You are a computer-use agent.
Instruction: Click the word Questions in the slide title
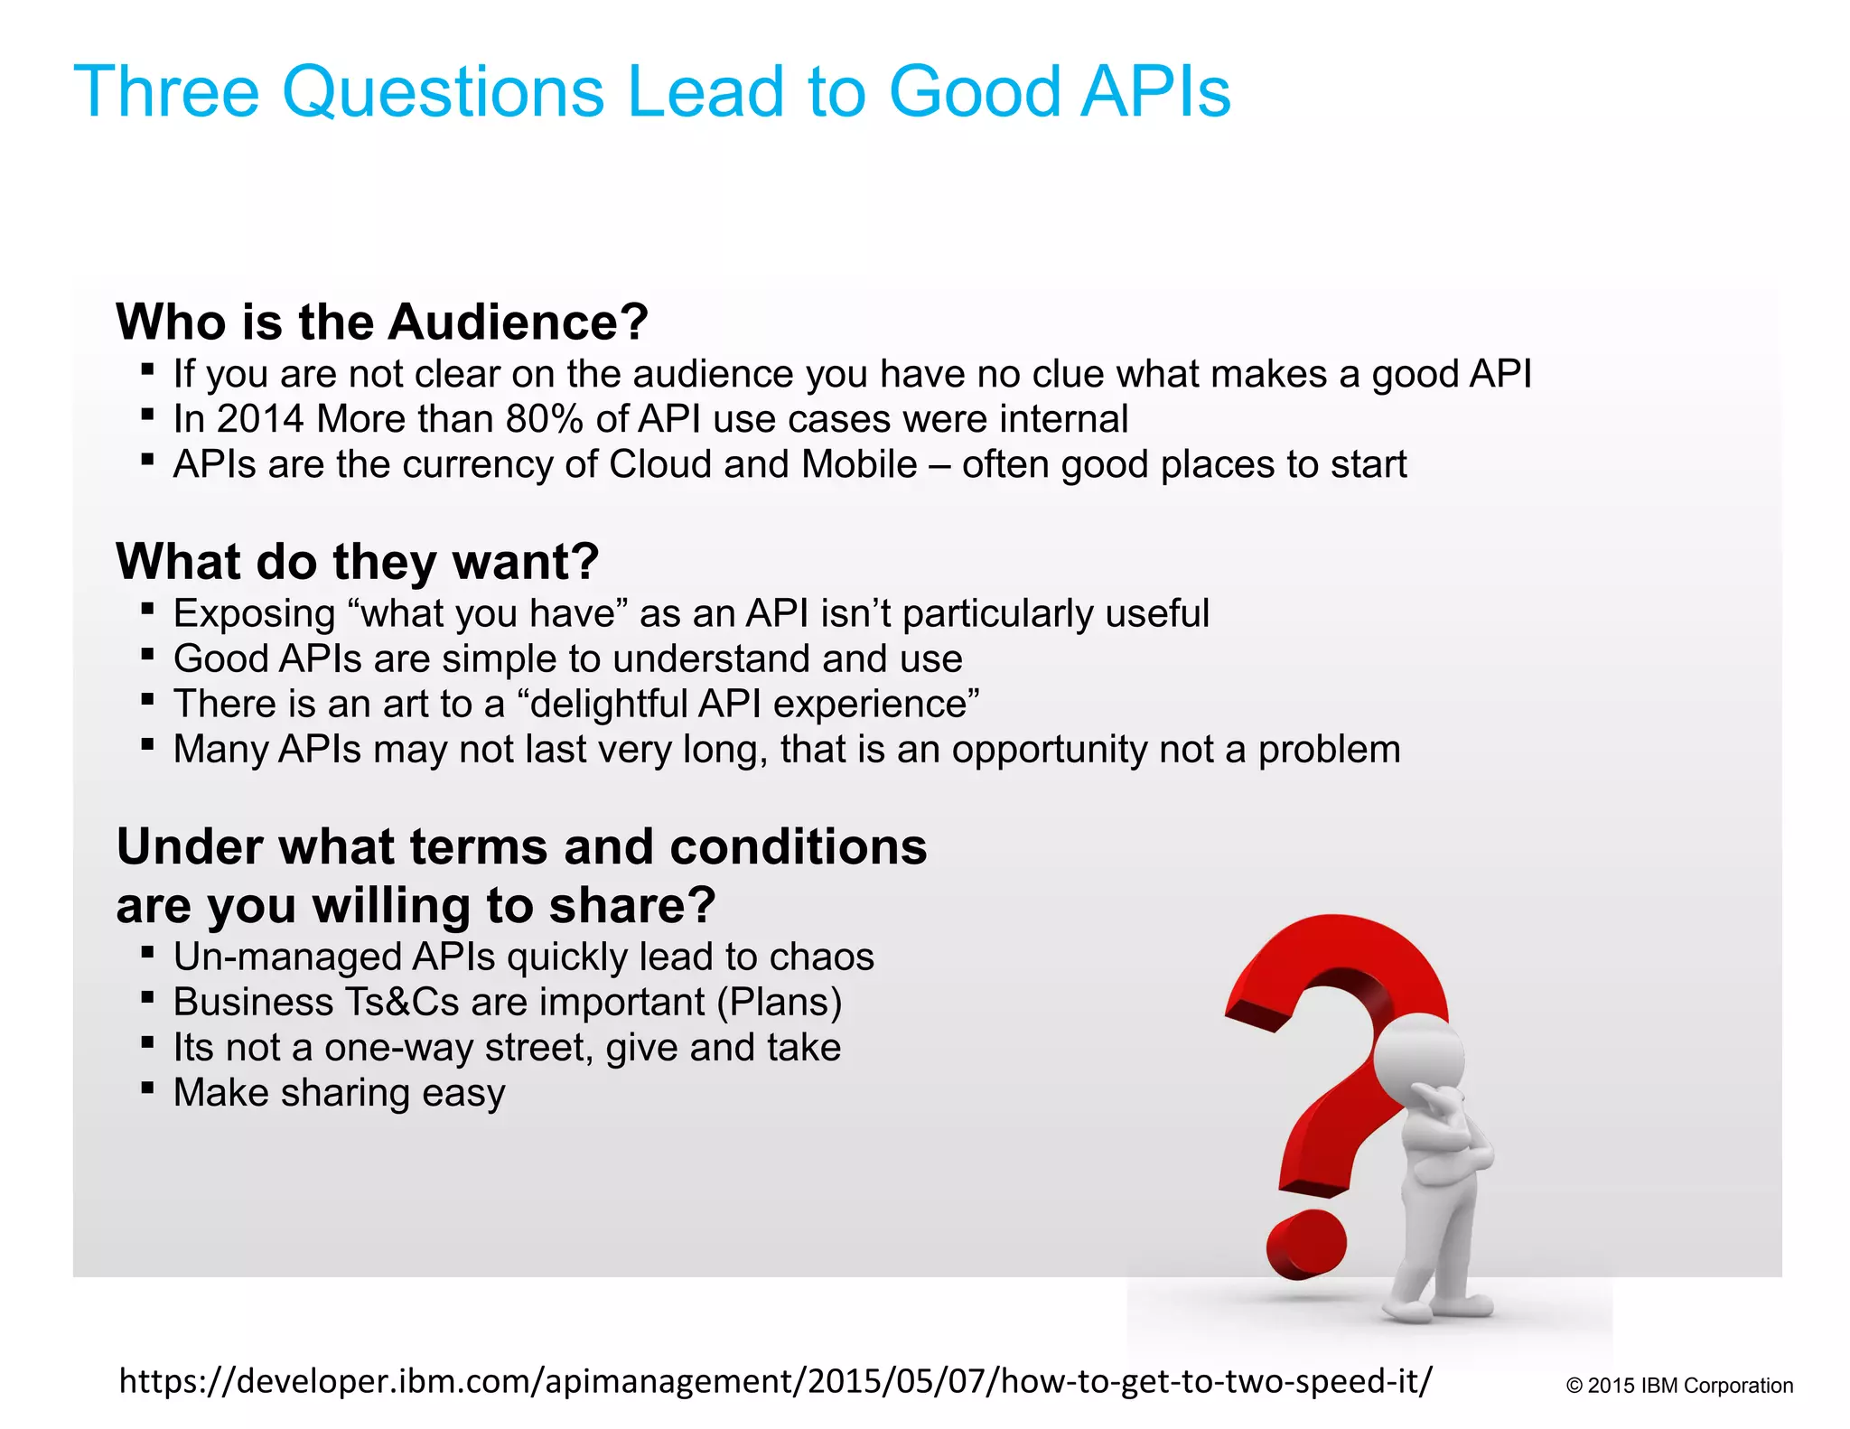[443, 92]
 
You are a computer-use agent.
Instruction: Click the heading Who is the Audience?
[382, 322]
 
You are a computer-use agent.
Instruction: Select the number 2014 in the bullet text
[260, 419]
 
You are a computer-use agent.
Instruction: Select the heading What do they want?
[358, 561]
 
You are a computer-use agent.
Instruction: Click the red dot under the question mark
[1306, 1245]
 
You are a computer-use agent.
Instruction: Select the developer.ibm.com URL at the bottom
[775, 1381]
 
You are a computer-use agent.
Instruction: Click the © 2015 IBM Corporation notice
[1679, 1386]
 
